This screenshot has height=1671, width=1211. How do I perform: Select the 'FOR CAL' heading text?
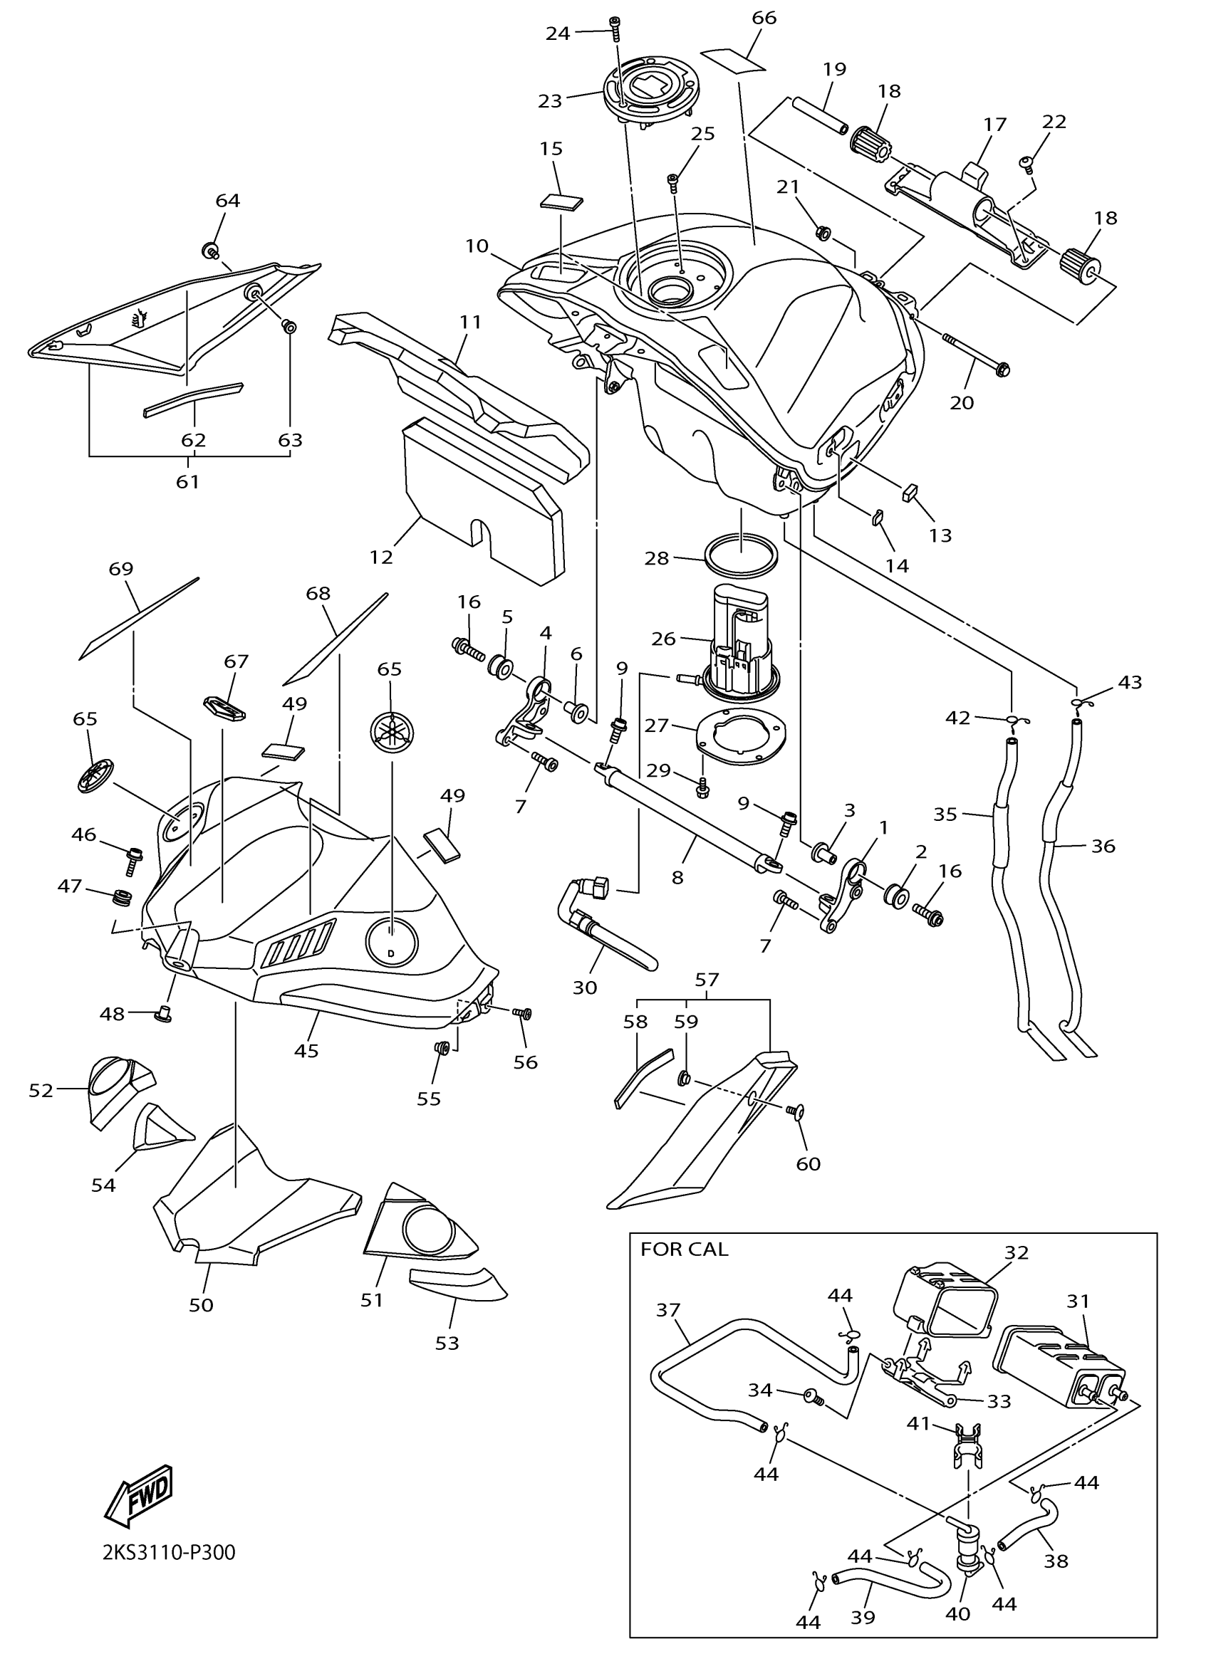[684, 1249]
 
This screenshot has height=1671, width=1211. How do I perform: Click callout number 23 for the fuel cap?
[550, 101]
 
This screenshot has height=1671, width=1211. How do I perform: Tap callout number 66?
[764, 18]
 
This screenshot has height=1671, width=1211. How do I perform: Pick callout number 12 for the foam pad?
[381, 557]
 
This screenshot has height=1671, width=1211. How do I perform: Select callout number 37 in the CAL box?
[668, 1309]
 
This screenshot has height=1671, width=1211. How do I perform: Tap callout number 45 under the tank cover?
[306, 1051]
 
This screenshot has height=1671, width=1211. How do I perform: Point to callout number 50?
[201, 1305]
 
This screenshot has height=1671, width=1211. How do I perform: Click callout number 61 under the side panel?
[187, 482]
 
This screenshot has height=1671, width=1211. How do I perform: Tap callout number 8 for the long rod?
[677, 876]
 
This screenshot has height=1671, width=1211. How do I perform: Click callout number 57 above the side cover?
[706, 979]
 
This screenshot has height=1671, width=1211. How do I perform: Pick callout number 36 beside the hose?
[1103, 847]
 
